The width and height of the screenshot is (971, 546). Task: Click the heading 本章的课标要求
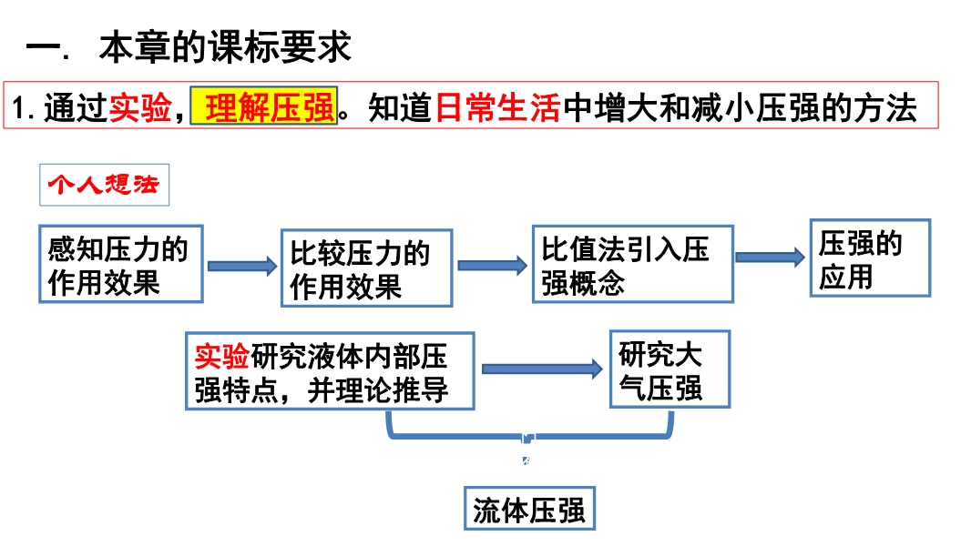tap(225, 47)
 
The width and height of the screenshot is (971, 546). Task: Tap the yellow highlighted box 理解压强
tap(263, 107)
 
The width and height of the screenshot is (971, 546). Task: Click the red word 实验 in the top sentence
tap(139, 108)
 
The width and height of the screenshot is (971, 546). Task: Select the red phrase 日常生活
tap(497, 107)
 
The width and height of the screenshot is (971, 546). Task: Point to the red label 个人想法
tap(103, 186)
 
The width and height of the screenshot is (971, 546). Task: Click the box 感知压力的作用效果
tap(120, 264)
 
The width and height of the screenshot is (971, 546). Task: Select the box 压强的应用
tap(870, 258)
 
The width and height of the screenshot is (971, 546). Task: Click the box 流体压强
tap(528, 510)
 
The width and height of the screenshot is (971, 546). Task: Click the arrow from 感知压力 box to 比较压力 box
tap(241, 266)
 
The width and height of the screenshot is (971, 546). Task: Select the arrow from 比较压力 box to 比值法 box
tap(492, 265)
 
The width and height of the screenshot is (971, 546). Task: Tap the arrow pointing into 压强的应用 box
tap(771, 258)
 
